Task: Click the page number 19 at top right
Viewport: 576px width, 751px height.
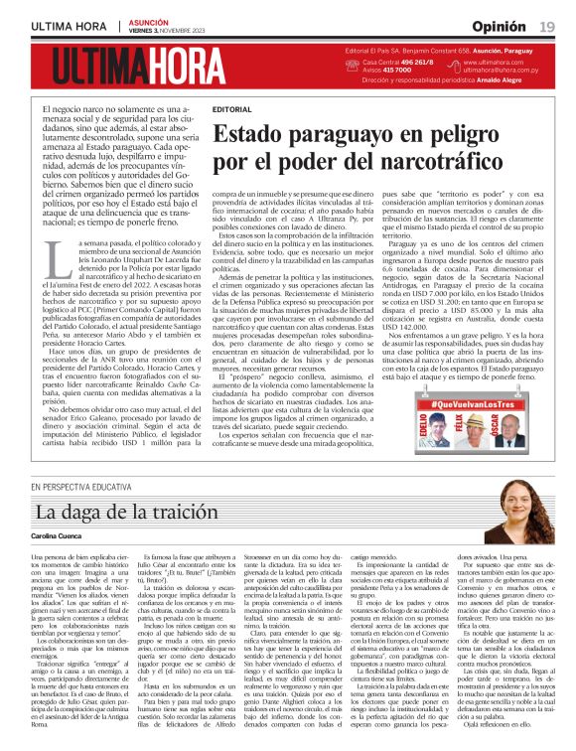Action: click(547, 24)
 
